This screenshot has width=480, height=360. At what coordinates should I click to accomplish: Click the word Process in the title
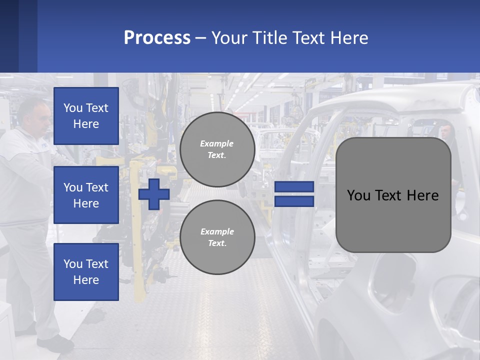click(x=157, y=38)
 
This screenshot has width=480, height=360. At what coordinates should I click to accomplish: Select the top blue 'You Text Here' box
click(x=86, y=116)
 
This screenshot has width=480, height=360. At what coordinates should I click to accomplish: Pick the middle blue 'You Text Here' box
click(x=86, y=195)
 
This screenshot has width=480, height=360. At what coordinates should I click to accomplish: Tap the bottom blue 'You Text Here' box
click(x=86, y=272)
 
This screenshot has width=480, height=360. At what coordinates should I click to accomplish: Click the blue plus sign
click(x=154, y=194)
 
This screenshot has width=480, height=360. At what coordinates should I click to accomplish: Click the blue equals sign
click(x=294, y=194)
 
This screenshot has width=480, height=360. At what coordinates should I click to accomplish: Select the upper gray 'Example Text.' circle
click(x=217, y=149)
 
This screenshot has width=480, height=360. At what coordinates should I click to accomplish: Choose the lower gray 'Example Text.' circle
click(x=217, y=237)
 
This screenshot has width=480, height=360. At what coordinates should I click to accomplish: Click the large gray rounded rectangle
click(x=393, y=220)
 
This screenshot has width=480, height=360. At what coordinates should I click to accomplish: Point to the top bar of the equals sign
click(x=294, y=186)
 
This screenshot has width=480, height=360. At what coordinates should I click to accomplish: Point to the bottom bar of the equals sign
click(x=294, y=201)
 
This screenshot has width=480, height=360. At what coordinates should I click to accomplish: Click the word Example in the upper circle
click(x=217, y=143)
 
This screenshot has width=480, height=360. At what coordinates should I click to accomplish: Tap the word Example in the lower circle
click(x=217, y=231)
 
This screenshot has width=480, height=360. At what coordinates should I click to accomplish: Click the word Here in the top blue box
click(x=86, y=124)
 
